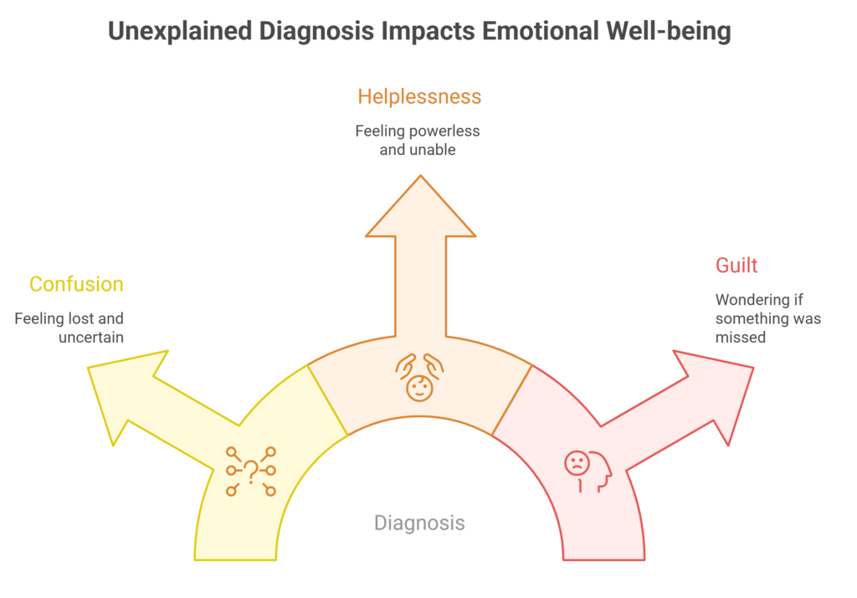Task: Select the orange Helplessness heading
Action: [x=419, y=97]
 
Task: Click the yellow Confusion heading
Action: [x=76, y=284]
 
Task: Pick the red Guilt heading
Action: [x=736, y=265]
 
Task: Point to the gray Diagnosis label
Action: [x=419, y=523]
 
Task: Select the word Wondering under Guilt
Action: [x=752, y=300]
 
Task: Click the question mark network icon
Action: [x=250, y=471]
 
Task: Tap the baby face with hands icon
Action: [x=419, y=376]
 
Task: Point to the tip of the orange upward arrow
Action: [x=420, y=177]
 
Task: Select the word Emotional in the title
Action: [x=525, y=32]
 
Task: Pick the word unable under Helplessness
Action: [x=434, y=150]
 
